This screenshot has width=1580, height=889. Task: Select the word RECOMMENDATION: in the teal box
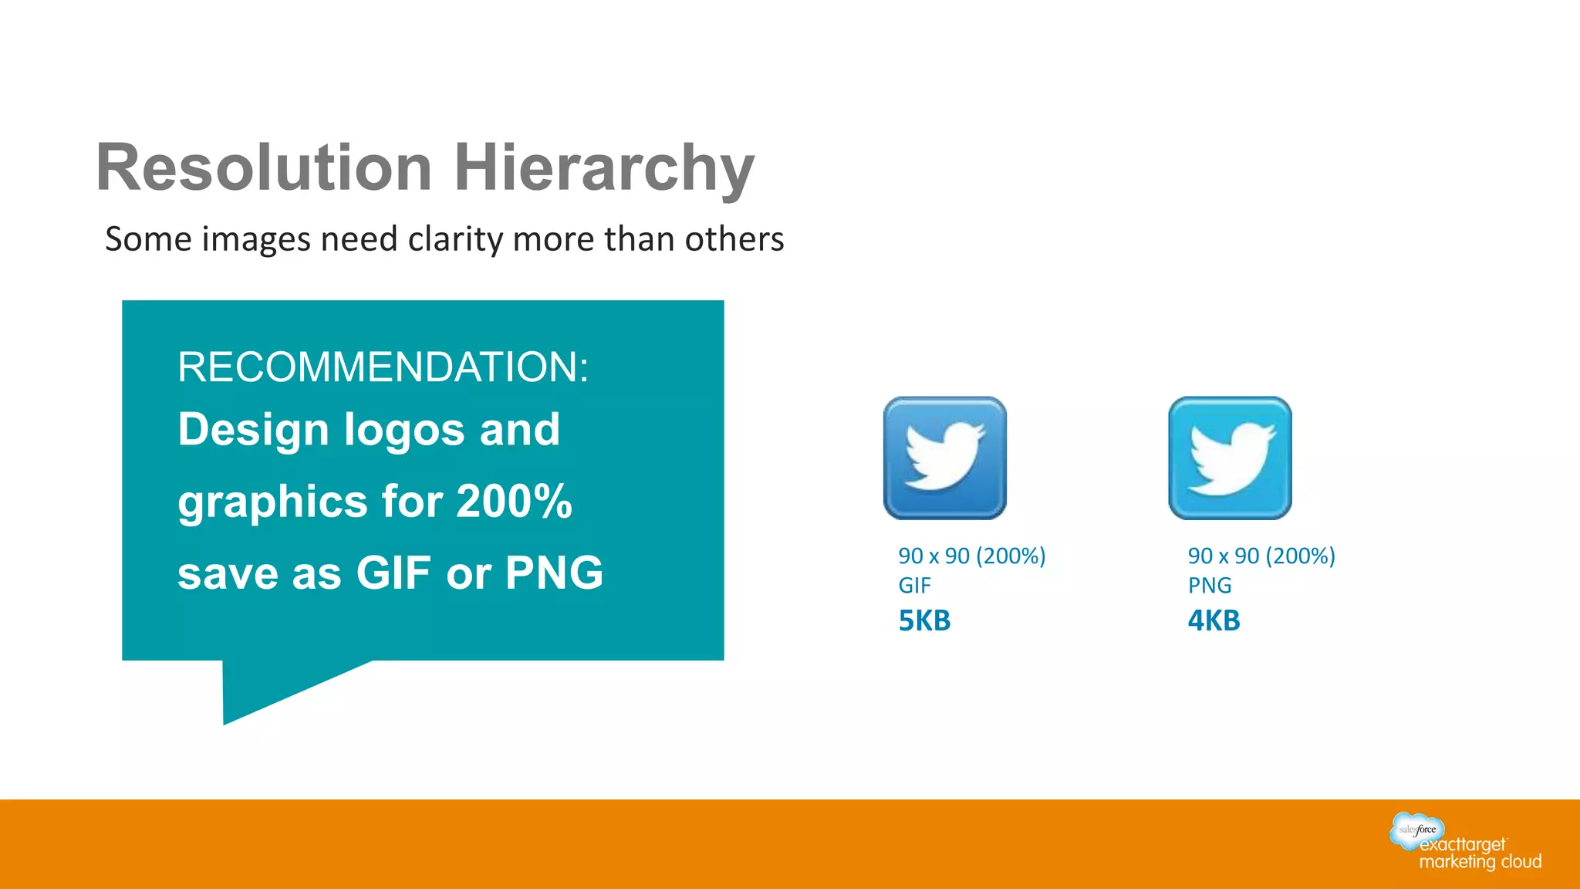[x=383, y=367]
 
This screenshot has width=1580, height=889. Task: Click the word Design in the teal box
[x=253, y=430]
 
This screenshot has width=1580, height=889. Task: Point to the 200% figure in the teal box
[x=514, y=502]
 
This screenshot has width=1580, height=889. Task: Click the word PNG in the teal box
[x=554, y=573]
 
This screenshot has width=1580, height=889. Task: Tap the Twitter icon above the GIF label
[x=945, y=458]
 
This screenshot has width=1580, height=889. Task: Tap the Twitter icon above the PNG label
[x=1230, y=458]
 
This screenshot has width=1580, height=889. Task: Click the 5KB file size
[x=924, y=620]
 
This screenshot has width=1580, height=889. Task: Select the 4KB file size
[x=1214, y=620]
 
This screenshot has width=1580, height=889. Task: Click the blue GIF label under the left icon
[x=914, y=586]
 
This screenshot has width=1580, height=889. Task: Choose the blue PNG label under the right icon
[x=1209, y=586]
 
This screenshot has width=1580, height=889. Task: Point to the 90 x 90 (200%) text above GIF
[x=971, y=556]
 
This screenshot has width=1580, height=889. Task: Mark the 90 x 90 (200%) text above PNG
[x=1261, y=556]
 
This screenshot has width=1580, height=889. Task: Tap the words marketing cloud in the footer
[x=1480, y=862]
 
